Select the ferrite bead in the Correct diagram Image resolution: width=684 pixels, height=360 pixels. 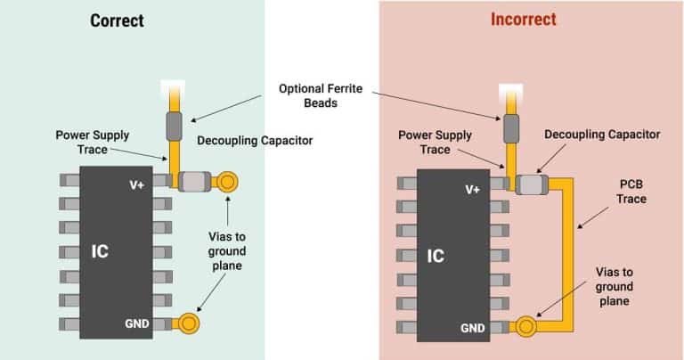175,128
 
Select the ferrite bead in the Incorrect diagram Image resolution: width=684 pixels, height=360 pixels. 511,128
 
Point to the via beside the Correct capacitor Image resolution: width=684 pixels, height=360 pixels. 227,183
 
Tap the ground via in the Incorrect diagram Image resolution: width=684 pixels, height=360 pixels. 525,327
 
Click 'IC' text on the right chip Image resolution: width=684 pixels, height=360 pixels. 436,256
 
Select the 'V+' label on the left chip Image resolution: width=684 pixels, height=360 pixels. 137,185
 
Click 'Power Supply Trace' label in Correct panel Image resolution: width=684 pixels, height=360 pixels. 92,143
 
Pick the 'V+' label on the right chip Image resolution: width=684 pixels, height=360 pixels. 473,189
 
